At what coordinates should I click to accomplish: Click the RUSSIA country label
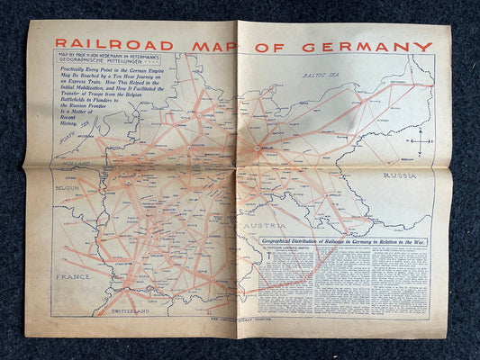[x=399, y=175]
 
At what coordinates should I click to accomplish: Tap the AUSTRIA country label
[x=267, y=224]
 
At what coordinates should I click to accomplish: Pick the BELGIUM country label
[x=67, y=189]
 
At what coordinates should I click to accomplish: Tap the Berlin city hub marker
[x=258, y=149]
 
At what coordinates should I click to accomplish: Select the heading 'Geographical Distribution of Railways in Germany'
[x=344, y=242]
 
